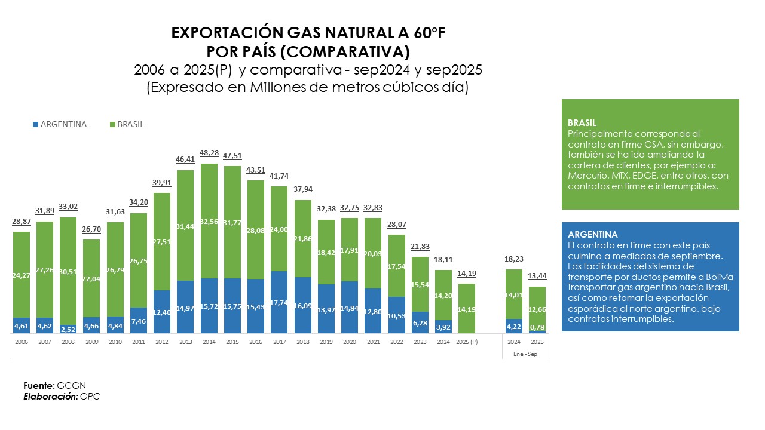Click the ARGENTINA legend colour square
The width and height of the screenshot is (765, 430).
pos(36,125)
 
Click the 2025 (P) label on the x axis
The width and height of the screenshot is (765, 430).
pos(467,342)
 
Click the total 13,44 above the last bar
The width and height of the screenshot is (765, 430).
pos(537,276)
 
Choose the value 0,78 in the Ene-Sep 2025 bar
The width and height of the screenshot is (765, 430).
pos(537,327)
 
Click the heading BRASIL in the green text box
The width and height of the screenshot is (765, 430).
pos(582,123)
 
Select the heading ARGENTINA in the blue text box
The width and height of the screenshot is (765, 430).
pos(593,235)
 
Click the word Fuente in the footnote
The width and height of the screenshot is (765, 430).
pos(38,385)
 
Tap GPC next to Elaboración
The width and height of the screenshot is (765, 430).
pos(90,396)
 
